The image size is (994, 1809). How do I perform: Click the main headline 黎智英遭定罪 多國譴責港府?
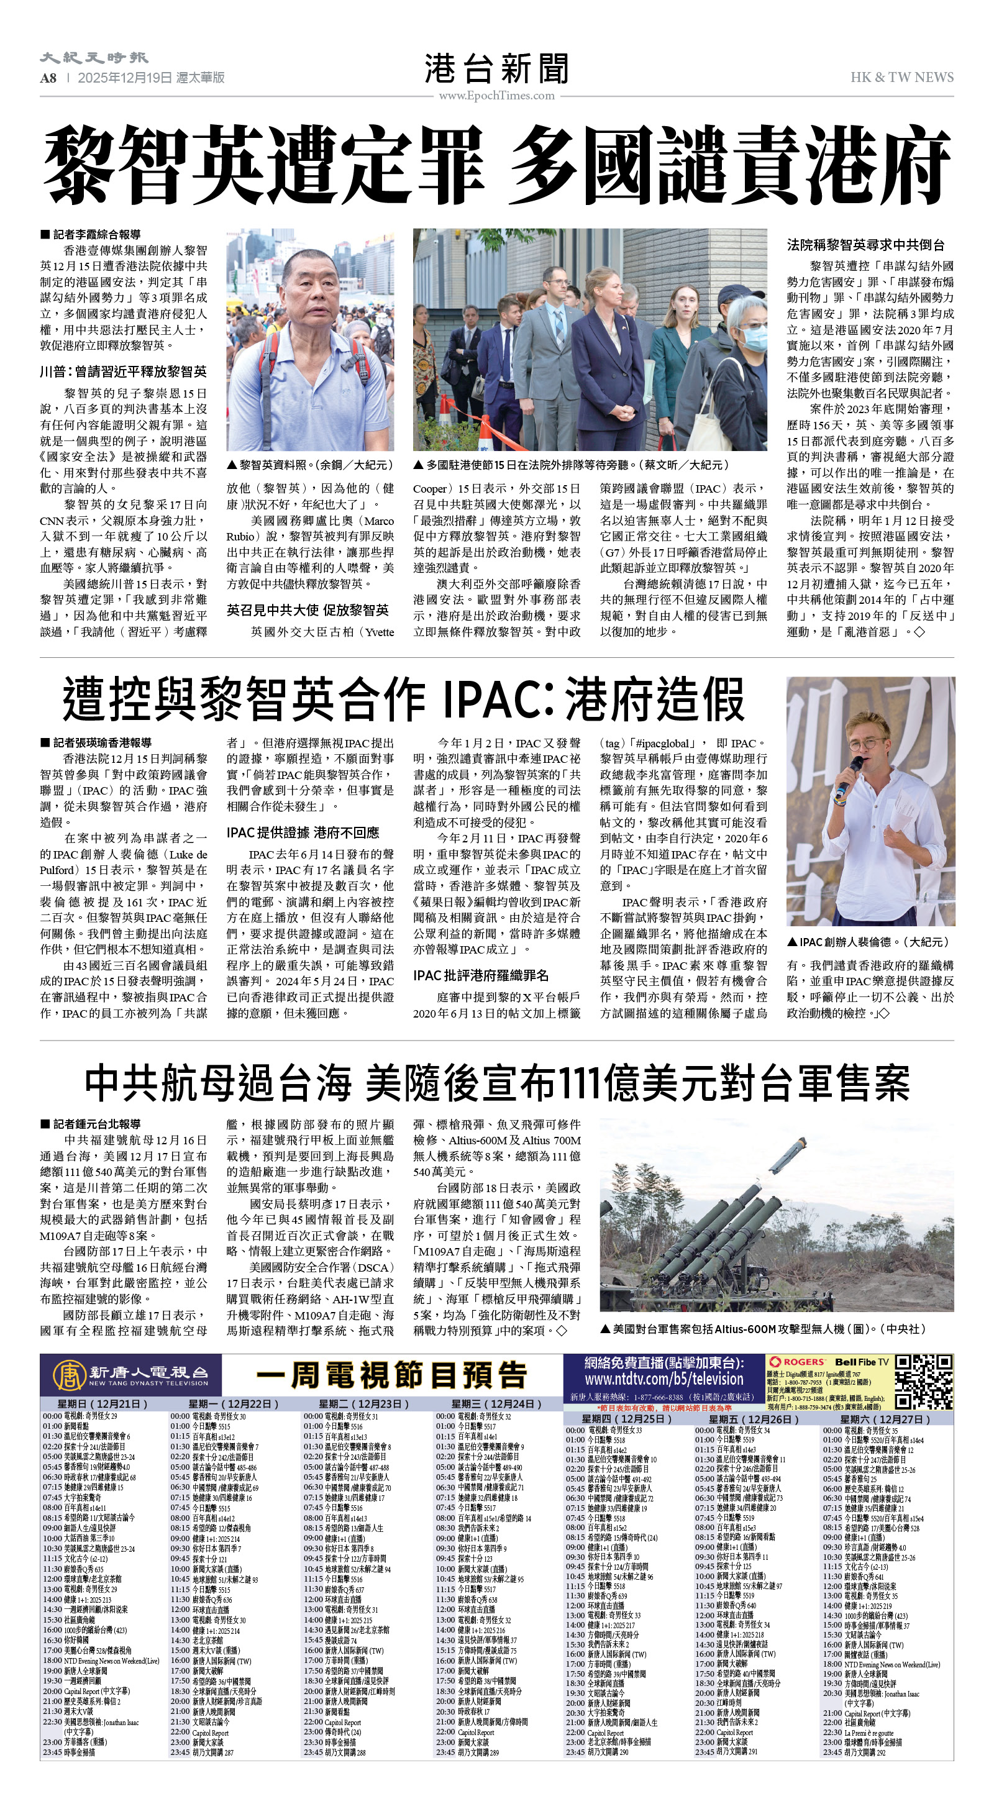496,166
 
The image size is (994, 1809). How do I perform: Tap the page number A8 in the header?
48,78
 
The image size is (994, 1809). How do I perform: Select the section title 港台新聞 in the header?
496,69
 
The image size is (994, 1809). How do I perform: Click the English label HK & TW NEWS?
901,77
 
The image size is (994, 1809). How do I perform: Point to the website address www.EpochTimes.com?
496,96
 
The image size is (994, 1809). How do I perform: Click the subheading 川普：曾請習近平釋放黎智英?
123,371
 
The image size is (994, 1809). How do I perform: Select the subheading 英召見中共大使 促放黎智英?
307,609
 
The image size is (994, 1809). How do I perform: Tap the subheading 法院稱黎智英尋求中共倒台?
865,245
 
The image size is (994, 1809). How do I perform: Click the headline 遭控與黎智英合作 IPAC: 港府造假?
403,699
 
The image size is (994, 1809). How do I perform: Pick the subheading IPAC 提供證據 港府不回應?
303,832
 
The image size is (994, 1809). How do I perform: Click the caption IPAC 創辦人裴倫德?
869,942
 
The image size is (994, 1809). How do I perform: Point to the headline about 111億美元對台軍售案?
496,1083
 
